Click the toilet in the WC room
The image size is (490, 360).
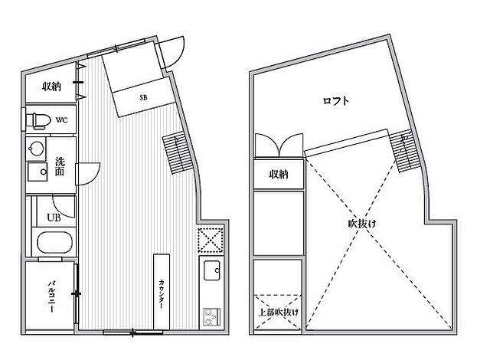[38, 121]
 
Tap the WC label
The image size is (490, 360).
[61, 120]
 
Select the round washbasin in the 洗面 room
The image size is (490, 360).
[36, 148]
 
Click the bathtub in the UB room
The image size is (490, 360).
[54, 243]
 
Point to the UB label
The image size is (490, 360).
[54, 218]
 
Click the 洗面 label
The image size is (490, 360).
[60, 166]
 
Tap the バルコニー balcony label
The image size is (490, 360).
[51, 296]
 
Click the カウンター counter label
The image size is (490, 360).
[162, 293]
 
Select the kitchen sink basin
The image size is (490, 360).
[212, 270]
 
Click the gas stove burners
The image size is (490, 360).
[212, 316]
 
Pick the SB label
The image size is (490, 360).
[143, 97]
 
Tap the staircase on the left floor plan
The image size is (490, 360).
[178, 154]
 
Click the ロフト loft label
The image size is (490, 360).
[335, 101]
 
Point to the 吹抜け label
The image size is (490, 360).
[362, 224]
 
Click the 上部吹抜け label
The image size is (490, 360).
[278, 312]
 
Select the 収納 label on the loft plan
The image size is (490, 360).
[278, 174]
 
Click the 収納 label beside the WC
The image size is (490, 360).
[51, 87]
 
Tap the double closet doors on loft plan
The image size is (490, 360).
[279, 145]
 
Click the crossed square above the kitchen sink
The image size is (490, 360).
[211, 240]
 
